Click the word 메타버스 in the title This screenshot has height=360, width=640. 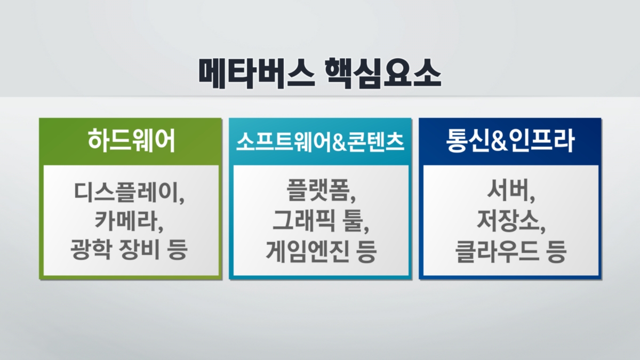(257, 74)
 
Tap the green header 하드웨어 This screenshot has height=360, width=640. (131, 141)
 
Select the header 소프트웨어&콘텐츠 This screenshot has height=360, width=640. (321, 141)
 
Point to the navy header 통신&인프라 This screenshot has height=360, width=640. (510, 141)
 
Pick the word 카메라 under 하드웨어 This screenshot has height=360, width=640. (126, 221)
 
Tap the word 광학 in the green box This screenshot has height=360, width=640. (91, 250)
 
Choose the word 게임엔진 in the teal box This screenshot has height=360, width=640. (307, 251)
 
